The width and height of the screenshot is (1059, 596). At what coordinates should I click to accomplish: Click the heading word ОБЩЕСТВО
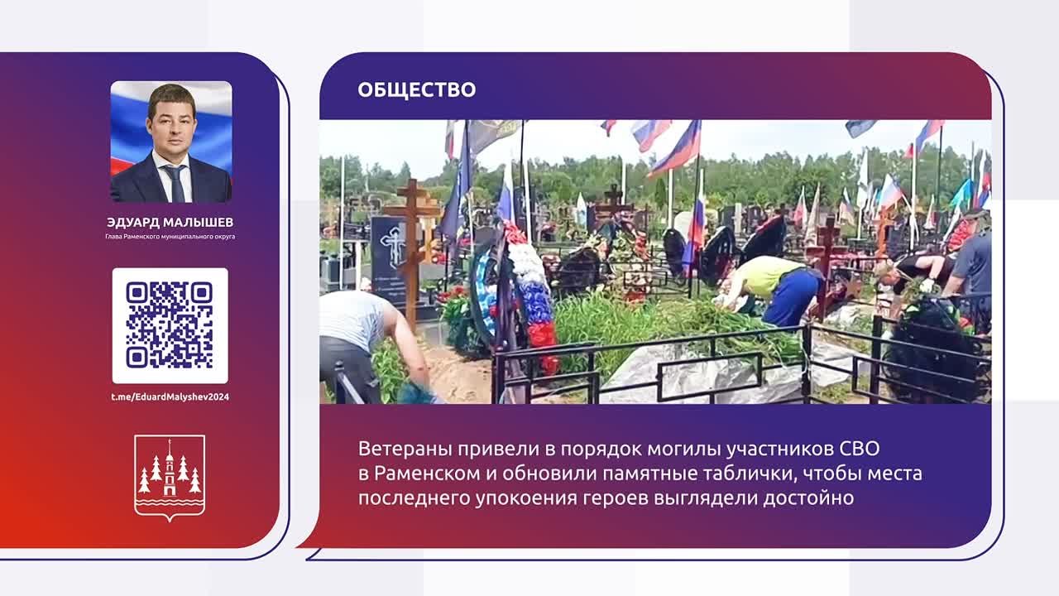point(416,89)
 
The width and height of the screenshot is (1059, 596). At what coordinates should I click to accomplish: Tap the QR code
point(170,325)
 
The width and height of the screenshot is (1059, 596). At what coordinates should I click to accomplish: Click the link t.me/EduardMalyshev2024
point(170,397)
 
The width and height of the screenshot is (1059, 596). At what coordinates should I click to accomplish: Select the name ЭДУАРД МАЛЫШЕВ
point(170,222)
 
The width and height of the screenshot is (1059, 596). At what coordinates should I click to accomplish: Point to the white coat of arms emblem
point(170,477)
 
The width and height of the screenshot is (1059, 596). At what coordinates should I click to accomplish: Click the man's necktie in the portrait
point(175,182)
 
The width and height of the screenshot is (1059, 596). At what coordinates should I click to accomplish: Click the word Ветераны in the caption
point(402,449)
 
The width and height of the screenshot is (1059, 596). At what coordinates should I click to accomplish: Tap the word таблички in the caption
point(749,473)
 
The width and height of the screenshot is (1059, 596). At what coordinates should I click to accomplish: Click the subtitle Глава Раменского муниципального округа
point(170,237)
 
